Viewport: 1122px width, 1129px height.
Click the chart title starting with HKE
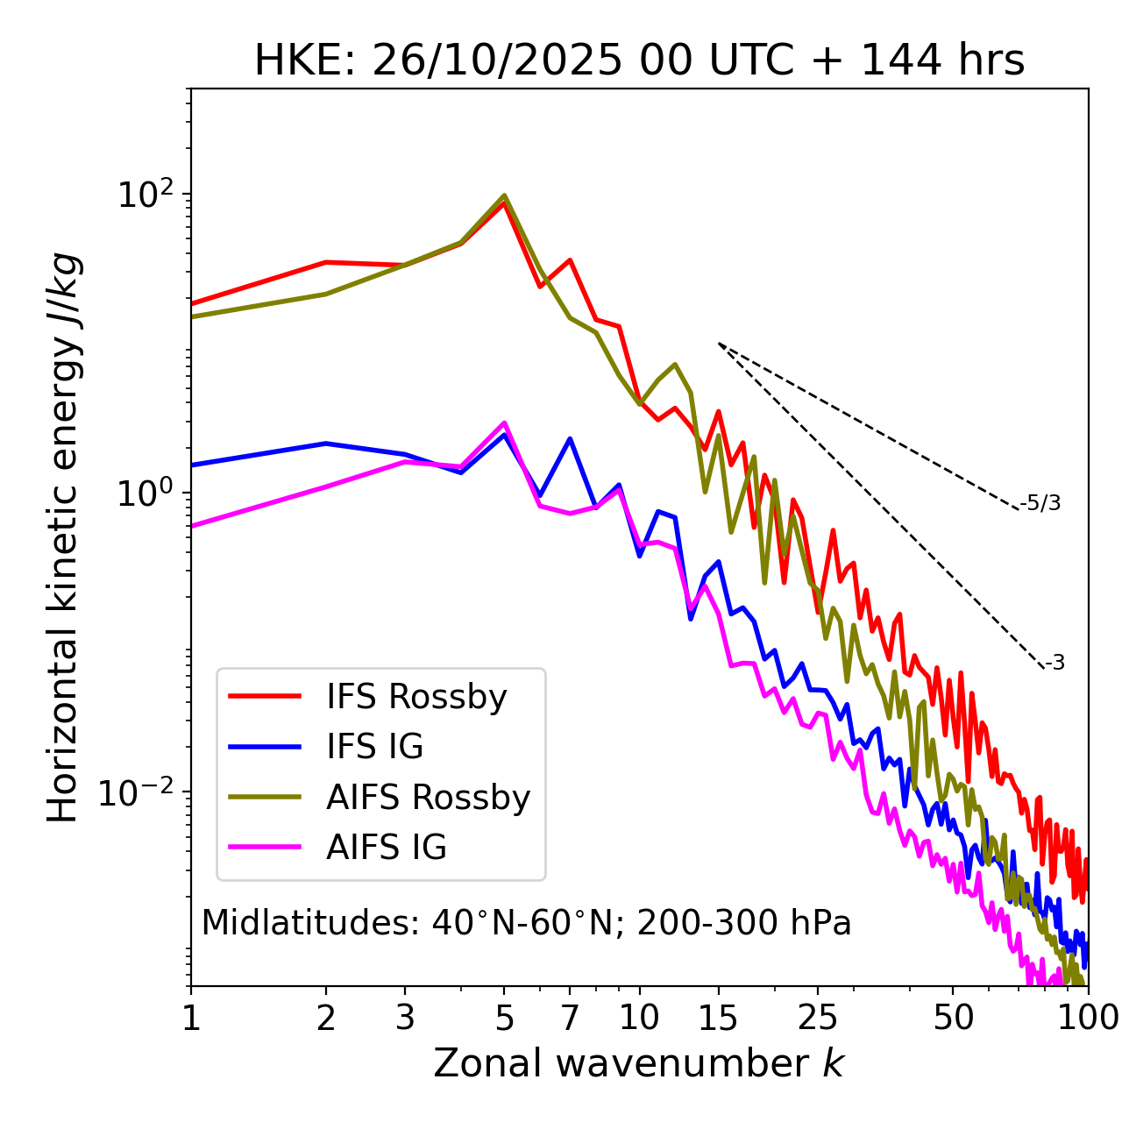(x=639, y=61)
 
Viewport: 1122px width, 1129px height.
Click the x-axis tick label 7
(x=570, y=1018)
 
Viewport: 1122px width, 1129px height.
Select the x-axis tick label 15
(x=718, y=1018)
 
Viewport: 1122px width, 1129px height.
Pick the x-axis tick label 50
(x=953, y=1018)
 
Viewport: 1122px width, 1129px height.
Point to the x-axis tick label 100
(x=1088, y=1018)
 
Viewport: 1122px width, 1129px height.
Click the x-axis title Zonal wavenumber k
(x=639, y=1063)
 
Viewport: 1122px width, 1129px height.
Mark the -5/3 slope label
(x=1040, y=503)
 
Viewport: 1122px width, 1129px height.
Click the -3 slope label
(x=1055, y=664)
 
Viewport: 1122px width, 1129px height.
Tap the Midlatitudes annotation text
(x=526, y=923)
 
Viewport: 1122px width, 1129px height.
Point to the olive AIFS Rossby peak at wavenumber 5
(x=504, y=195)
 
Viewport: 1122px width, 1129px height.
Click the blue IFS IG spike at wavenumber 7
(x=570, y=438)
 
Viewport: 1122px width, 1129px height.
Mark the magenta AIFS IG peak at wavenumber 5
(x=504, y=422)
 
